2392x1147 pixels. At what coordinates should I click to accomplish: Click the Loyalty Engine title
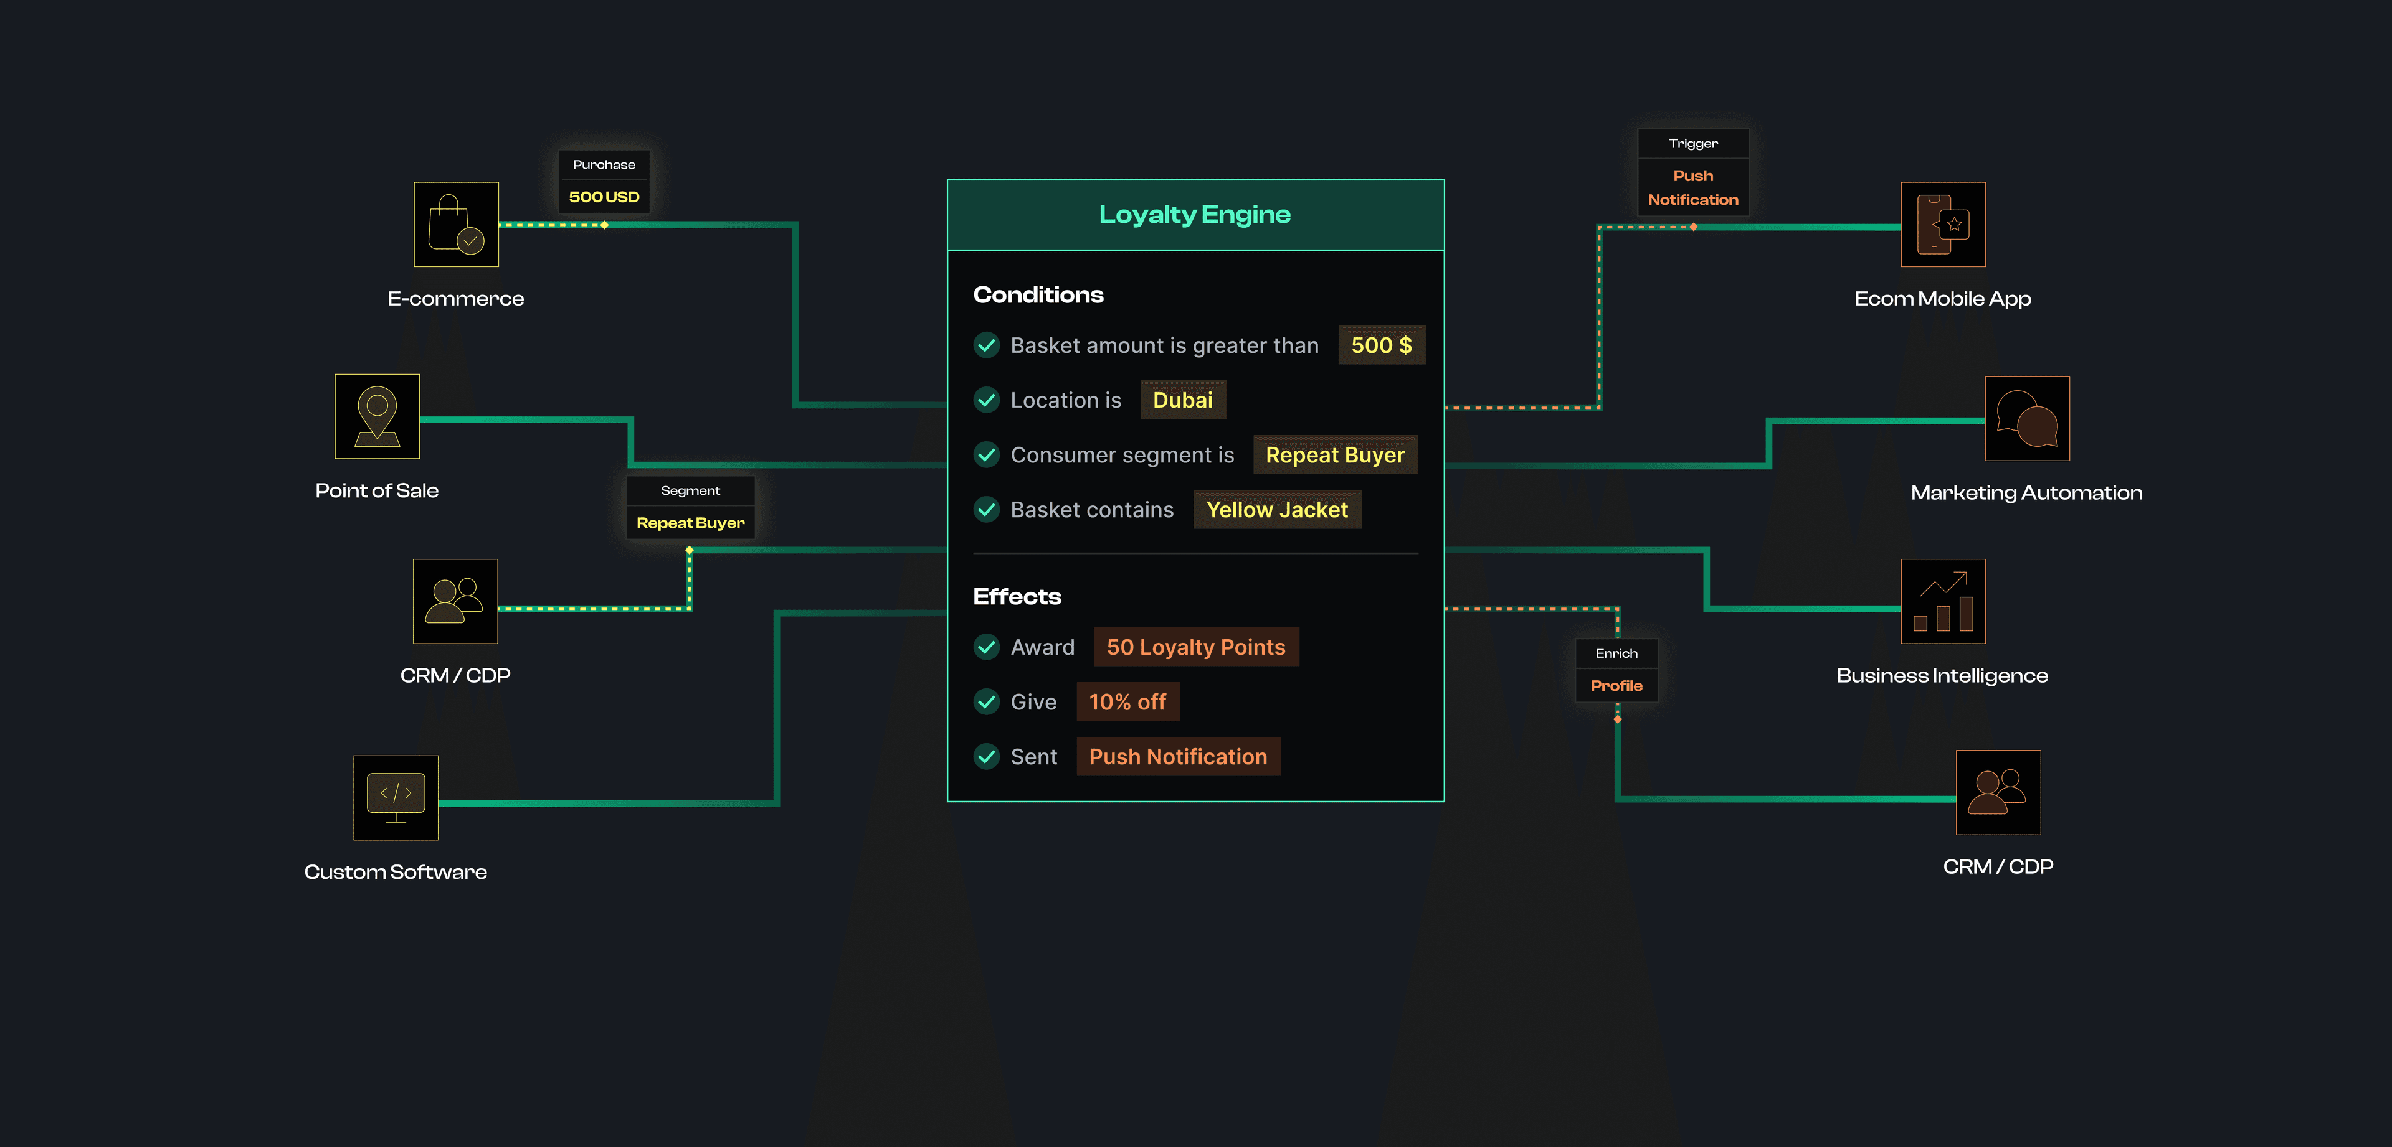1194,214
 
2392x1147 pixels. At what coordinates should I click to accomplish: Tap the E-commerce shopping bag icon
456,225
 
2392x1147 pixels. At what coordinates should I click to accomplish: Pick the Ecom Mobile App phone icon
1943,225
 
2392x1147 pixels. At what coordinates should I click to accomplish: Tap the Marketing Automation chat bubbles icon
2026,418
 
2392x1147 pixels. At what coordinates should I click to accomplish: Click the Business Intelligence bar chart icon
1943,601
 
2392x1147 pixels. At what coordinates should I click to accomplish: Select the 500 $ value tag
1381,345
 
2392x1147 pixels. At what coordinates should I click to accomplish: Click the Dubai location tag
1182,400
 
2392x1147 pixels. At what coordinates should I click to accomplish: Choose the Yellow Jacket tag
1277,510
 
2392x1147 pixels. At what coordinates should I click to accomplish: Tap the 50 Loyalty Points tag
1195,647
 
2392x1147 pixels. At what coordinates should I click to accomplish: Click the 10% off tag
1127,701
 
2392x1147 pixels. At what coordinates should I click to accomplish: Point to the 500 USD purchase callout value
604,197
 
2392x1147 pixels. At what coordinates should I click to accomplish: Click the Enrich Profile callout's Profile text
1616,686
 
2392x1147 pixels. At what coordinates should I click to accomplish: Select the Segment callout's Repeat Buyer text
690,522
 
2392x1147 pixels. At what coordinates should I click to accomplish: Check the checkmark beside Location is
986,400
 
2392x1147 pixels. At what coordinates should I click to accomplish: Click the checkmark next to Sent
986,756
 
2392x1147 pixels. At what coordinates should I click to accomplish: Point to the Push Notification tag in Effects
1177,756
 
